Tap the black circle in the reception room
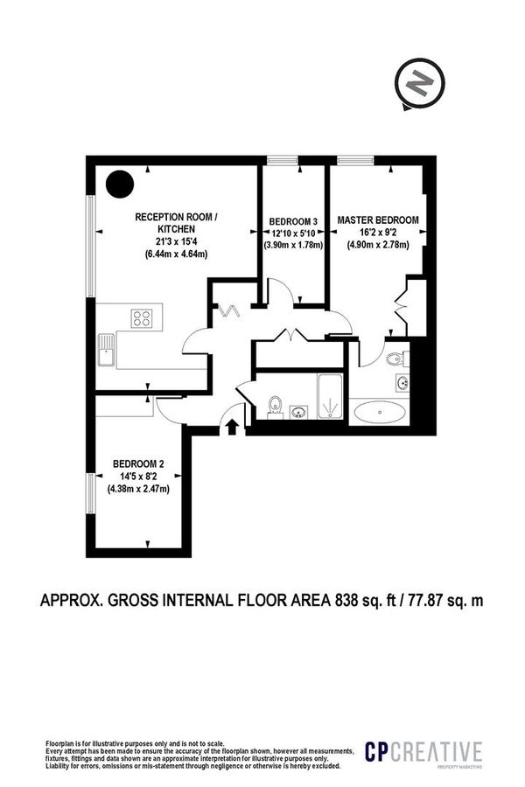120,184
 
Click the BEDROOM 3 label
293,219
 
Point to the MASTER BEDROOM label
378,219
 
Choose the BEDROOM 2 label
138,463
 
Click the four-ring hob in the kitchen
142,317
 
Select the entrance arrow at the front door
233,426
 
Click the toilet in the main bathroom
274,404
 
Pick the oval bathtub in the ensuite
378,411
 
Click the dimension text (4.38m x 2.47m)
138,489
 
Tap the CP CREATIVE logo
423,753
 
